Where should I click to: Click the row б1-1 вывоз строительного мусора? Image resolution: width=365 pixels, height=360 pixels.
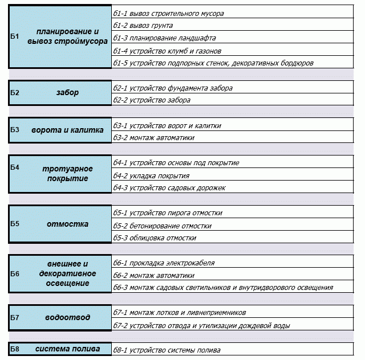pyautogui.click(x=168, y=14)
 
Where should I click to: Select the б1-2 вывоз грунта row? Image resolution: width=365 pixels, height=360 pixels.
pyautogui.click(x=143, y=26)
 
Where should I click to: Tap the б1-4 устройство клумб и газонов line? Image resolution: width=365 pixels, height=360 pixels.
pyautogui.click(x=167, y=51)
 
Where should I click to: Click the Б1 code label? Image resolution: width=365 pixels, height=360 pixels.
pyautogui.click(x=14, y=36)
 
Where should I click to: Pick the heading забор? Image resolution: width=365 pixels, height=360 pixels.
pyautogui.click(x=67, y=92)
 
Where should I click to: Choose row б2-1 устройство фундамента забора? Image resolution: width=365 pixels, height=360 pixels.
pyautogui.click(x=173, y=88)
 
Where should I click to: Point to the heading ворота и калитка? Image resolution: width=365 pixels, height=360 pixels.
pyautogui.click(x=67, y=130)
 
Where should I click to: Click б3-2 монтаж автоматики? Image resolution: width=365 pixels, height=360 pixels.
pyautogui.click(x=153, y=138)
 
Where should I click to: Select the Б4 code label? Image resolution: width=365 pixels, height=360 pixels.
pyautogui.click(x=14, y=167)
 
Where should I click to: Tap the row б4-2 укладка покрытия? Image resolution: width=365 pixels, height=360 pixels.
pyautogui.click(x=151, y=176)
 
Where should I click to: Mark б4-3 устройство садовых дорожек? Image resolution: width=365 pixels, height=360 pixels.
pyautogui.click(x=169, y=187)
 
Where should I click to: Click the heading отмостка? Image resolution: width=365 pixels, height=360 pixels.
pyautogui.click(x=67, y=224)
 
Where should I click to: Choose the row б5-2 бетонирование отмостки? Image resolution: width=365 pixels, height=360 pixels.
pyautogui.click(x=162, y=226)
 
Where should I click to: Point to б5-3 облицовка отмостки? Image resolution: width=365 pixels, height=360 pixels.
pyautogui.click(x=155, y=238)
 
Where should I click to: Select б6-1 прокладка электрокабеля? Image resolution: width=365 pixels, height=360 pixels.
pyautogui.click(x=164, y=263)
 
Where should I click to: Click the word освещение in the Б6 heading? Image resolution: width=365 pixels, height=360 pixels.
pyautogui.click(x=67, y=283)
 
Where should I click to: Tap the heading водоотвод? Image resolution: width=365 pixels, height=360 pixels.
pyautogui.click(x=67, y=317)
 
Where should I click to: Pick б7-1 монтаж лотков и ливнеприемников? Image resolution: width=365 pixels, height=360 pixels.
pyautogui.click(x=180, y=313)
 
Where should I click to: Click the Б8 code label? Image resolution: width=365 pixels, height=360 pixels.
pyautogui.click(x=14, y=349)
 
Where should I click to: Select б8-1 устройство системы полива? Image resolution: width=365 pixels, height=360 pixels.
pyautogui.click(x=167, y=350)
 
